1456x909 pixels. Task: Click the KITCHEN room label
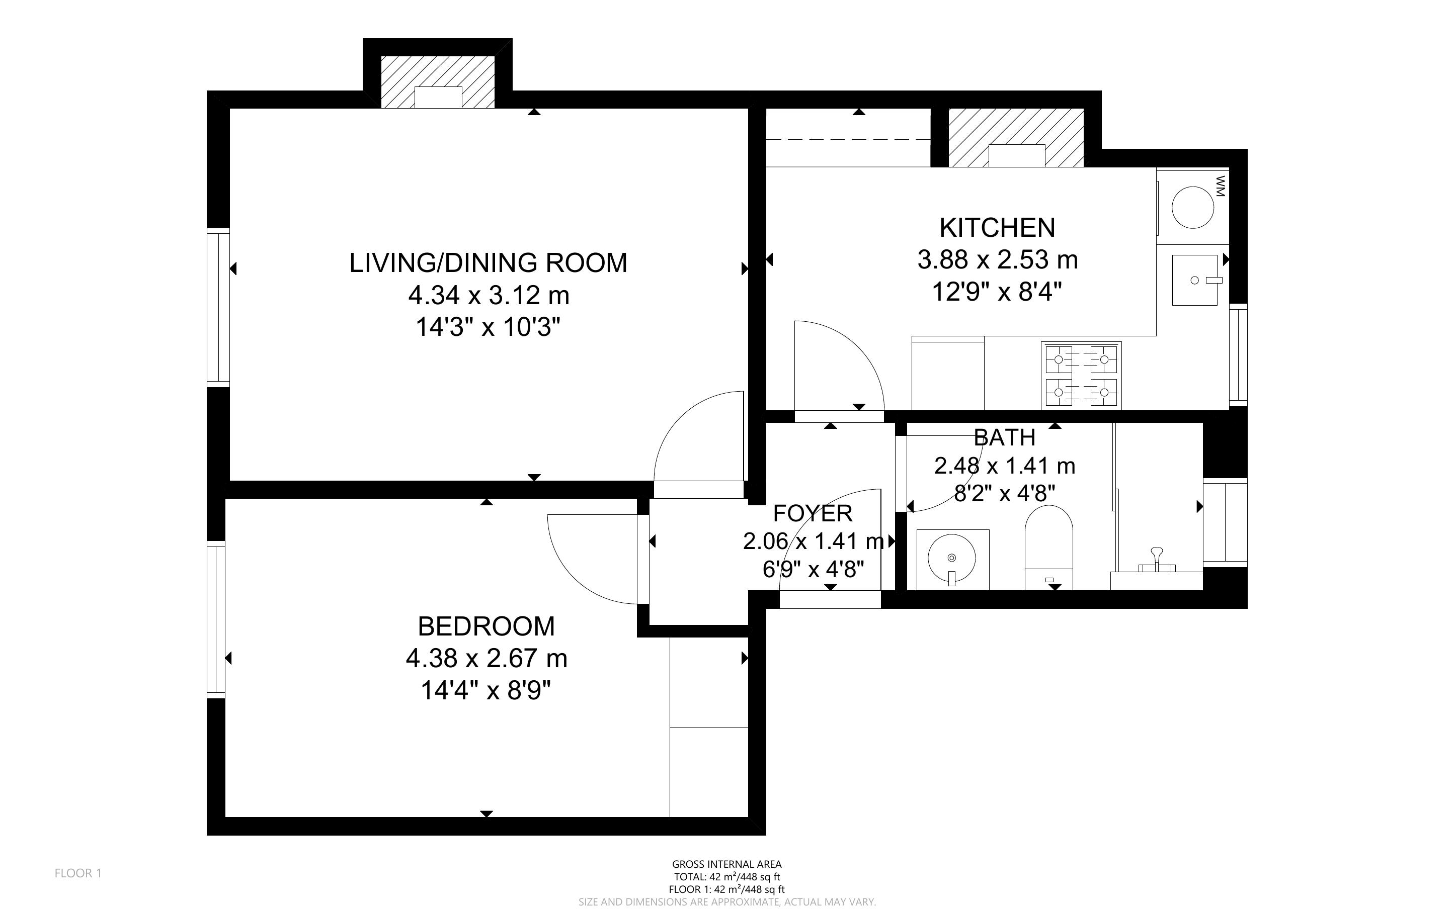997,228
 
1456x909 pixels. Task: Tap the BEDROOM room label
486,626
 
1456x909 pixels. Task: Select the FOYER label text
813,513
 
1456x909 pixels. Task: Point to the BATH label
1004,438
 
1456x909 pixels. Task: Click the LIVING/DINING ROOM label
489,263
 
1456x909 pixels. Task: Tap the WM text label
1220,187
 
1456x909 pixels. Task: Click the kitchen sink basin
1194,280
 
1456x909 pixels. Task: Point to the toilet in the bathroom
1049,547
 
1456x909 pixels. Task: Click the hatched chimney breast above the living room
438,82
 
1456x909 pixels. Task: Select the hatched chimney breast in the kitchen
1016,138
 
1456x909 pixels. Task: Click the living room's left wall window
218,307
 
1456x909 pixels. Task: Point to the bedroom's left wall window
216,619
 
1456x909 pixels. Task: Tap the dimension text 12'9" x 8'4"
997,293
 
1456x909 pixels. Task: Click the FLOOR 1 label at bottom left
78,873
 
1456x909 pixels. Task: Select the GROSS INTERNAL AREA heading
726,865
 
